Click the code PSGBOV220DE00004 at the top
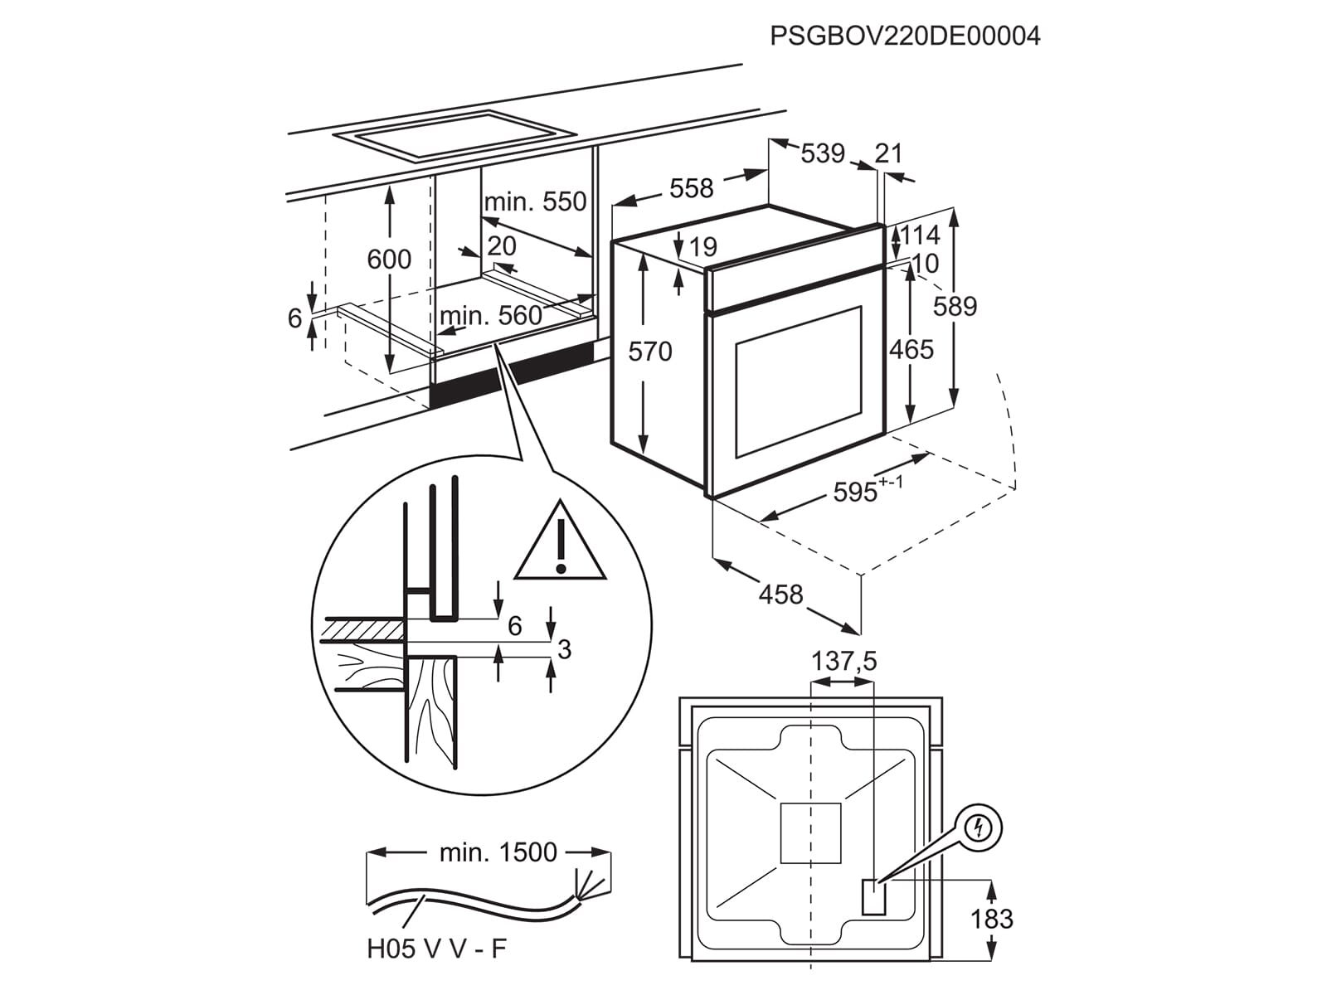(x=904, y=36)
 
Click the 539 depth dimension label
(x=822, y=153)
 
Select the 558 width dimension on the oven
(x=691, y=188)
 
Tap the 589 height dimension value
(x=955, y=306)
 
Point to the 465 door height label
(x=911, y=349)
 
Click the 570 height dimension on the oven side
(x=649, y=352)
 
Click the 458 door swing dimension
(x=780, y=594)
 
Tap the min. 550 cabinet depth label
(x=535, y=201)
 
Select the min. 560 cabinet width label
(x=490, y=316)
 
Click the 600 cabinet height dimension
(x=389, y=260)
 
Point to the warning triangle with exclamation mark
(x=561, y=544)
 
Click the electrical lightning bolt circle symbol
(x=981, y=827)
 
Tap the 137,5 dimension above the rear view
(x=843, y=661)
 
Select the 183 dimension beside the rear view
(x=992, y=919)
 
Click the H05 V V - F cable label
(x=436, y=949)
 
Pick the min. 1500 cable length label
(x=498, y=852)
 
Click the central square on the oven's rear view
(x=810, y=833)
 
